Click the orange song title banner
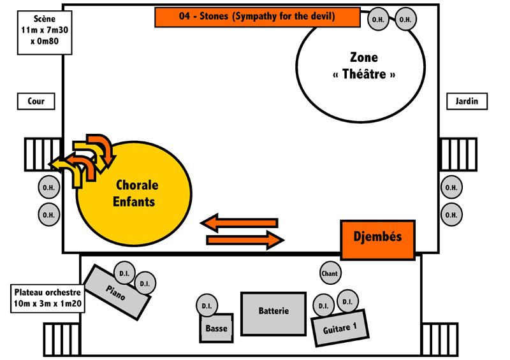tap(258, 17)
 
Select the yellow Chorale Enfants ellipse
tap(134, 194)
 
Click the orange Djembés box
tap(377, 240)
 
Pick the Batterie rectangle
tap(273, 314)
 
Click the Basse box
tap(217, 328)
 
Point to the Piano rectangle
tap(117, 292)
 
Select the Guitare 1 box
tap(340, 328)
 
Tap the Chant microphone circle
tap(330, 273)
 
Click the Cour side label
tap(36, 101)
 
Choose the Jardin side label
tap(467, 101)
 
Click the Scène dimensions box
tap(45, 32)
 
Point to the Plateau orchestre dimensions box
tap(48, 299)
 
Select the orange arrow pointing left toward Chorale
tap(239, 223)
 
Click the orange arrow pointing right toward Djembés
tap(245, 240)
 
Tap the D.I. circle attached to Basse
tap(207, 306)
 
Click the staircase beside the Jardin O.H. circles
tap(458, 154)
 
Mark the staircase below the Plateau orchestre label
tap(62, 340)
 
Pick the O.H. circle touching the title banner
tap(378, 19)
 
